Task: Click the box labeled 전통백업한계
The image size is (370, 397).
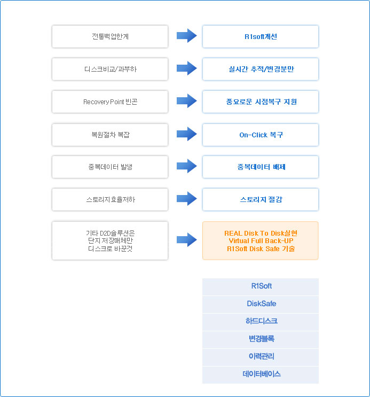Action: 110,36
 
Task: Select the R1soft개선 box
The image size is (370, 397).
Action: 261,36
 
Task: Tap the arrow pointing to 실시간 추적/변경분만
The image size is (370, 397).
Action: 187,68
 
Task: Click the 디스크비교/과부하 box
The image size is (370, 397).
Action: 110,69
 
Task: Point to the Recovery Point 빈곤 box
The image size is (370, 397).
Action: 110,102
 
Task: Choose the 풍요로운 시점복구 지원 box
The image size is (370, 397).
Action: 261,102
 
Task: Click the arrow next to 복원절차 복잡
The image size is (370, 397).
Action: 187,134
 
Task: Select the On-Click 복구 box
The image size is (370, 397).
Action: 261,135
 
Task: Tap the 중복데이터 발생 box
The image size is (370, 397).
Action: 110,167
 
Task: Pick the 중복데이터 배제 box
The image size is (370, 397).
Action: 261,167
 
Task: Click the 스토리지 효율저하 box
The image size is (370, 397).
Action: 110,199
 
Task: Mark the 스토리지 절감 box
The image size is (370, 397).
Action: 261,199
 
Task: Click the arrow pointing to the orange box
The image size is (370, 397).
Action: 187,239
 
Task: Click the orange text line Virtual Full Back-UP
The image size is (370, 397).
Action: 261,241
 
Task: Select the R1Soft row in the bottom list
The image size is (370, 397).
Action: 261,287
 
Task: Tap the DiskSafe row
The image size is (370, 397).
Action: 261,305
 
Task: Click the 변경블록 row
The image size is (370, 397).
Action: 261,339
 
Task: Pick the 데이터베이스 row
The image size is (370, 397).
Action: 261,375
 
